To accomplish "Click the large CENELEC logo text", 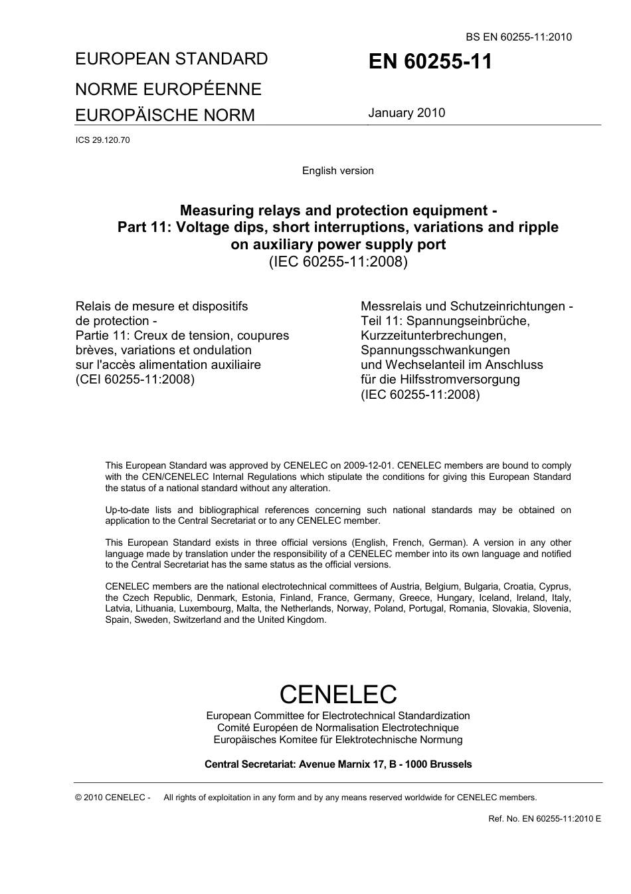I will click(338, 694).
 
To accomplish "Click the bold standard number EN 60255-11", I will click(430, 62).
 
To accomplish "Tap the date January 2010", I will click(406, 112).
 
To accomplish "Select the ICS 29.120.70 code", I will click(102, 140).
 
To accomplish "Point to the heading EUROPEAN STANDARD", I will click(171, 58).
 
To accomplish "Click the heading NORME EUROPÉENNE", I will click(168, 89).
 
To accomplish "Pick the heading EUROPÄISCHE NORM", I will click(165, 115).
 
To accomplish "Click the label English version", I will click(337, 171).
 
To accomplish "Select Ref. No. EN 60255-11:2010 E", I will click(544, 819).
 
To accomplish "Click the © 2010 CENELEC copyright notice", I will click(113, 798).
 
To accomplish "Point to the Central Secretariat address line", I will click(338, 764).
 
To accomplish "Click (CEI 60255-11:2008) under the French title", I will click(135, 380).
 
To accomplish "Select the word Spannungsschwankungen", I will click(435, 350).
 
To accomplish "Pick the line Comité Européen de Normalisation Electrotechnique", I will click(338, 728).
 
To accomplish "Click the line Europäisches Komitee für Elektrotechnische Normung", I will click(338, 740).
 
